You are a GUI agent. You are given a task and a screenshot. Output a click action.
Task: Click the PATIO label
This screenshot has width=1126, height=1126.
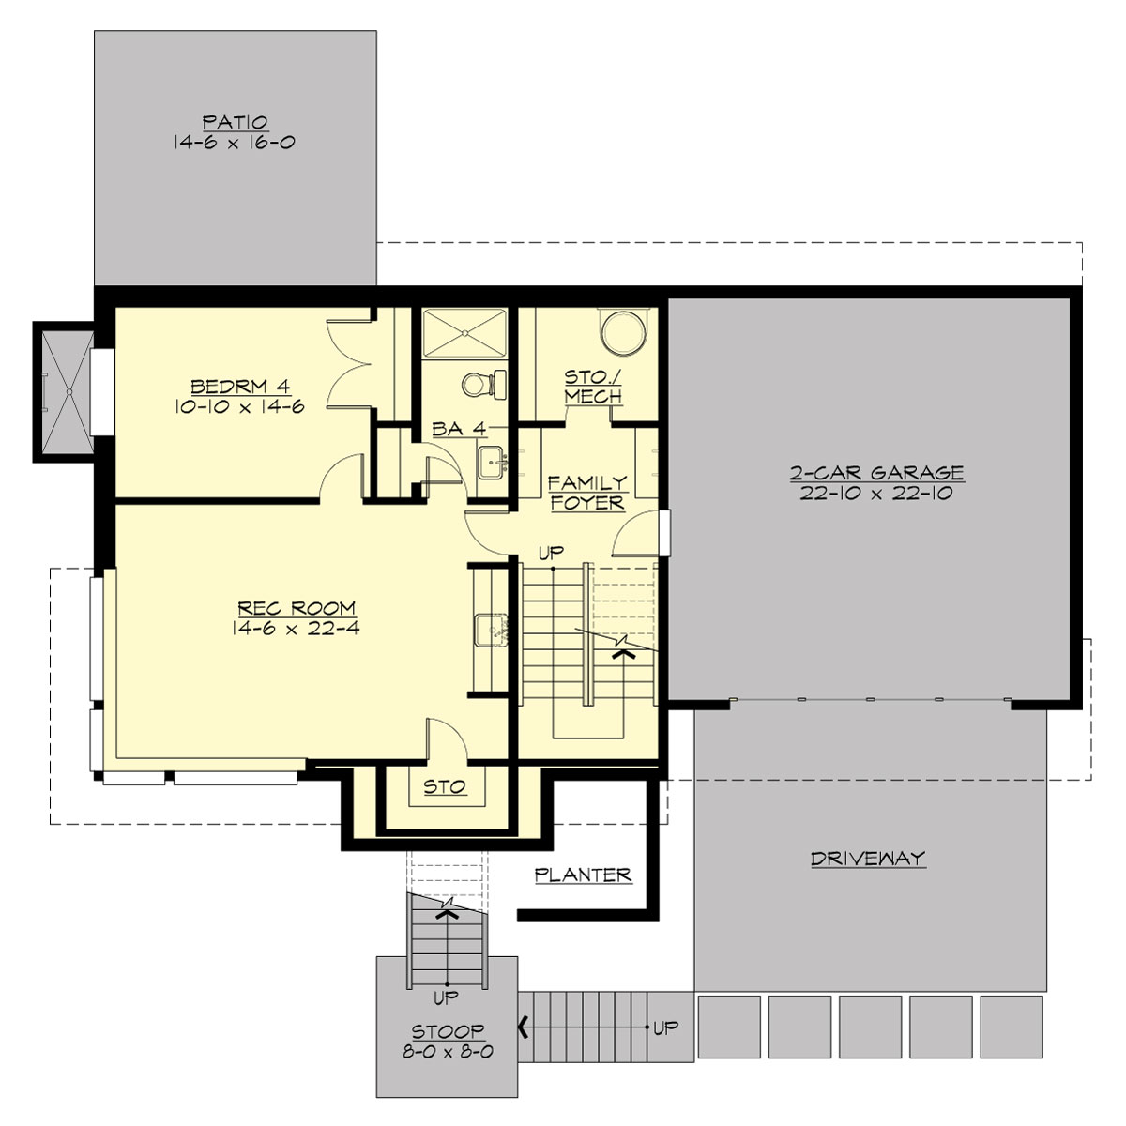point(236,122)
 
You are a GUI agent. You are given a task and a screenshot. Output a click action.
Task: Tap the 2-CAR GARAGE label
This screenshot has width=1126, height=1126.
point(876,472)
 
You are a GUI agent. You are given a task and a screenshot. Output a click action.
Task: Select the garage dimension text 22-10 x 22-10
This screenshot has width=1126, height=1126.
point(876,494)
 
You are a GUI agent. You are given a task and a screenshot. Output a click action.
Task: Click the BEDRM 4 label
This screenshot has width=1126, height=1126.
point(238,386)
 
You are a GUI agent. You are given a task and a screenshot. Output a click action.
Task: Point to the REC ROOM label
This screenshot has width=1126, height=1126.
point(297,608)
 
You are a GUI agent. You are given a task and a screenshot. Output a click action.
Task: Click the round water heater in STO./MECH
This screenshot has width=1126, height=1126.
point(622,334)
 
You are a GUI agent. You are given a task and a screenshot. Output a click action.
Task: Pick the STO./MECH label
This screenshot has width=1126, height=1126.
point(593,387)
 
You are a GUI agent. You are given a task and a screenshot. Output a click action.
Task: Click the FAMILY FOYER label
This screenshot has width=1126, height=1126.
point(587,493)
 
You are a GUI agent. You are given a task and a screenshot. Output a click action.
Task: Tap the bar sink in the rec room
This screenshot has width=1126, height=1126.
point(491,629)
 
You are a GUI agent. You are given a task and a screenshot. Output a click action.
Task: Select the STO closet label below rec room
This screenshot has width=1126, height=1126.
point(446,786)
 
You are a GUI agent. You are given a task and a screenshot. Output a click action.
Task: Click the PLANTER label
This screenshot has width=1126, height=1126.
point(583,875)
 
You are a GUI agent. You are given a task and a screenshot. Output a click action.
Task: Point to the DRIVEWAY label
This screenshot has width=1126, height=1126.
point(868,858)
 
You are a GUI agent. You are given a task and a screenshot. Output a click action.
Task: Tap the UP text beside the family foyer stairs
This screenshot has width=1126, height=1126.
point(551,553)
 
